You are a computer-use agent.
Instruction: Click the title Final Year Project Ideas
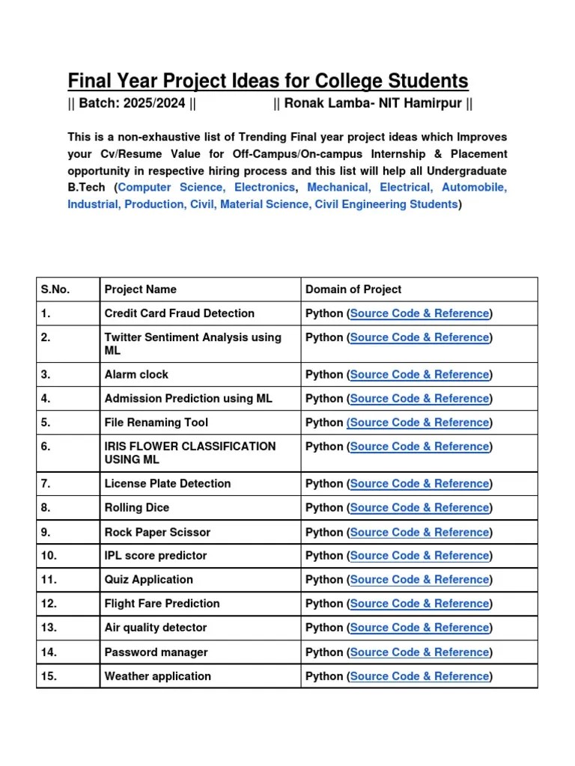coord(267,81)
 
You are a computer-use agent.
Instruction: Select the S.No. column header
coord(55,289)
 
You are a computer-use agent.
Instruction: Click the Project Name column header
coord(141,289)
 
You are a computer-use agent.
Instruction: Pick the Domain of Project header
coord(353,289)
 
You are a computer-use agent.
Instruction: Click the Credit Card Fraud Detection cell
coord(180,313)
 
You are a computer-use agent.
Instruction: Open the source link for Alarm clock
coord(419,375)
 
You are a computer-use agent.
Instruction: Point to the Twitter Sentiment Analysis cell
coord(192,343)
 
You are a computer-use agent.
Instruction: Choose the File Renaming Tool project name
coord(156,423)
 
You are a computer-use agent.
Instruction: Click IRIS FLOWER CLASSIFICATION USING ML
coord(190,453)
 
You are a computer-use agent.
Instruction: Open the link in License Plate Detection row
coord(419,484)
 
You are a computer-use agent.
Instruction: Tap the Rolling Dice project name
coord(137,508)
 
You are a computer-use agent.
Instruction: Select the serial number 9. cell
coord(46,533)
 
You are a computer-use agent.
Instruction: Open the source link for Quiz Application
coord(419,580)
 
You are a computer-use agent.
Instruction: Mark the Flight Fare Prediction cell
coord(162,604)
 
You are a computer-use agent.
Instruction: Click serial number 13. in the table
coord(49,628)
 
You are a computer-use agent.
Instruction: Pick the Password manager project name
coord(156,652)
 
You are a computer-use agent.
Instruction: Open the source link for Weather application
coord(419,676)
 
